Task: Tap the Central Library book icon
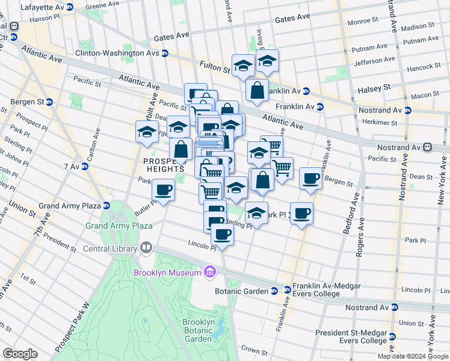tap(146, 247)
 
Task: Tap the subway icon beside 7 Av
tap(85, 166)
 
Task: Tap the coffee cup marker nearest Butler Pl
tap(163, 191)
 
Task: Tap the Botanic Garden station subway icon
tap(274, 291)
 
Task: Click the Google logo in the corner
tap(20, 354)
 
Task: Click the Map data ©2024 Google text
tap(412, 356)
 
